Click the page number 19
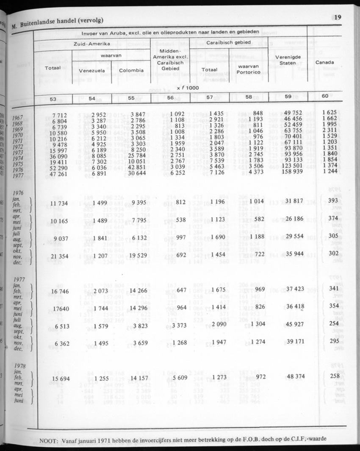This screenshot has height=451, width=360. [x=338, y=17]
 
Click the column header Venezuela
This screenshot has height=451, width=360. [x=92, y=70]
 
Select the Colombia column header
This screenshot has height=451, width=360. [x=131, y=70]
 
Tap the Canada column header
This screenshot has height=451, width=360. [x=325, y=62]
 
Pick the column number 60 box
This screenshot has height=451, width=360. [x=325, y=96]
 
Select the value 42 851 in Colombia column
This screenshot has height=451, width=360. [x=133, y=167]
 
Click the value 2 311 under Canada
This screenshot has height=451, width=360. [x=325, y=129]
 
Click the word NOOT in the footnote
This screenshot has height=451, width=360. [x=48, y=441]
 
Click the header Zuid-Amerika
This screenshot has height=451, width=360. [x=91, y=44]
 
